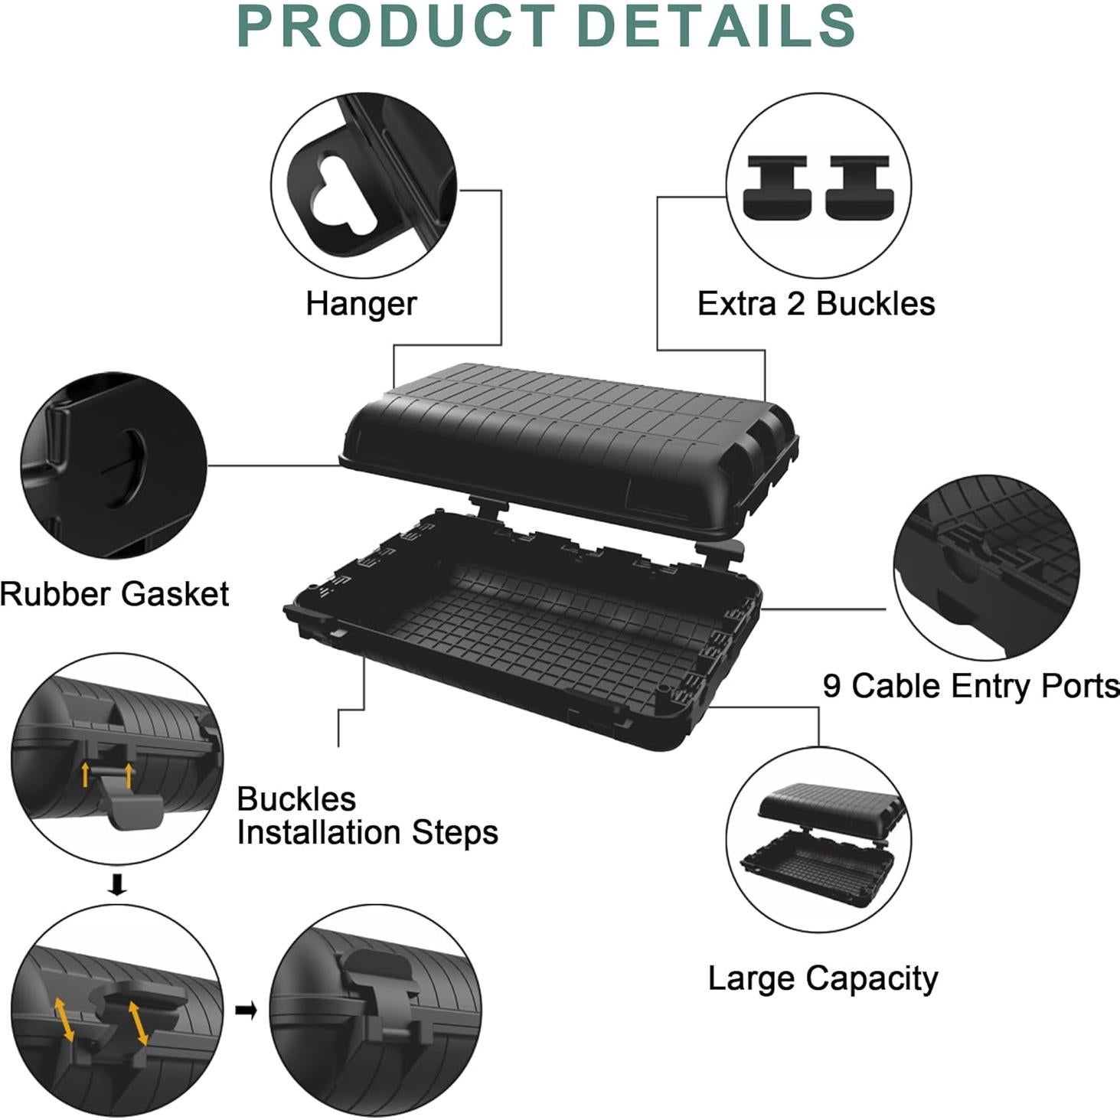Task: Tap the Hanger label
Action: point(361,303)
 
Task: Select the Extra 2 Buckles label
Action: point(815,303)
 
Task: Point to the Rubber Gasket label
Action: point(114,594)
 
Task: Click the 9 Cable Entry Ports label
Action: point(971,686)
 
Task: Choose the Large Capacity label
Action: point(822,978)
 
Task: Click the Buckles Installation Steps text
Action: point(367,816)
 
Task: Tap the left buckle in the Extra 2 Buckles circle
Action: point(776,187)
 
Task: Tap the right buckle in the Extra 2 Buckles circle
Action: point(859,187)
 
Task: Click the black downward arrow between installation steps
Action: point(117,885)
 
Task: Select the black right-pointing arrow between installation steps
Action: point(246,1011)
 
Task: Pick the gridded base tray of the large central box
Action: point(536,628)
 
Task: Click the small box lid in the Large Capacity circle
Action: point(830,804)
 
